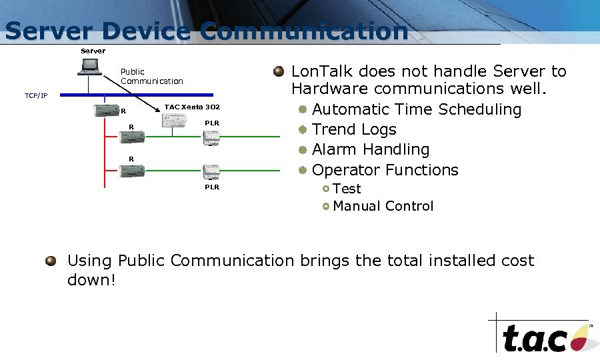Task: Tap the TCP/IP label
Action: click(x=36, y=96)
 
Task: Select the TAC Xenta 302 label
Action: click(x=192, y=107)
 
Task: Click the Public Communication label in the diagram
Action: click(x=151, y=76)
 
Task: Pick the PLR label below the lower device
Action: click(x=211, y=187)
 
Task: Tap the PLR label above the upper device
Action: click(x=211, y=123)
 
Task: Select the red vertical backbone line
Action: click(x=105, y=153)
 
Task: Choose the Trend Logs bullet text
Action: click(x=354, y=129)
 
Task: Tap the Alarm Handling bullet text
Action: click(x=370, y=149)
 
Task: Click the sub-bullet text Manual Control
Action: click(x=383, y=206)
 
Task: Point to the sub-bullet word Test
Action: click(x=347, y=189)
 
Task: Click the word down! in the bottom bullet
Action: click(x=91, y=280)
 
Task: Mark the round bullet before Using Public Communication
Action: click(x=51, y=261)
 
